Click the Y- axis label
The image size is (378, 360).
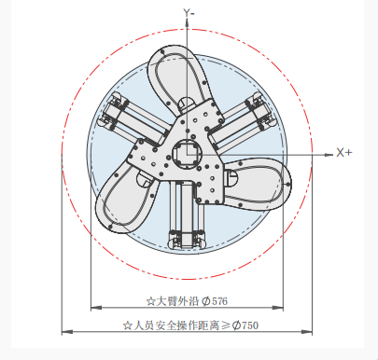click(x=189, y=13)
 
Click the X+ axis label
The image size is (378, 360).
click(x=344, y=153)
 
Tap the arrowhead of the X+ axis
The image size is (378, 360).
click(x=329, y=155)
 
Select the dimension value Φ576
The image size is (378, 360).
click(x=215, y=301)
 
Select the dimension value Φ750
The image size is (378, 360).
click(x=245, y=325)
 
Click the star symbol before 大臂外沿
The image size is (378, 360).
click(x=151, y=301)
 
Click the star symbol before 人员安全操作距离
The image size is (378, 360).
click(x=127, y=325)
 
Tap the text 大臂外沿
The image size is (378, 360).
click(x=177, y=301)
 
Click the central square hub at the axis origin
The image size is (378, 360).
click(x=187, y=154)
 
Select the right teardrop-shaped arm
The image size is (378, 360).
click(x=258, y=184)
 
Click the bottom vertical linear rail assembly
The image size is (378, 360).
click(x=187, y=215)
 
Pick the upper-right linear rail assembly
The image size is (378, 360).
click(x=243, y=120)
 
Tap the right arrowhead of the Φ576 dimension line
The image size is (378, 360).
click(x=278, y=308)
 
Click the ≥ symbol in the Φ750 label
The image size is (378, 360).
click(x=226, y=325)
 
